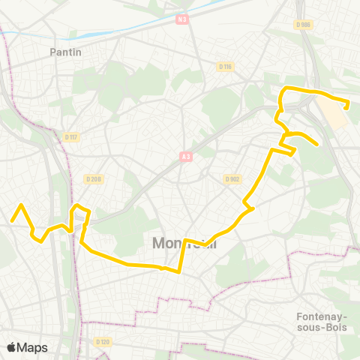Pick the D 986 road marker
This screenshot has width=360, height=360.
[304, 25]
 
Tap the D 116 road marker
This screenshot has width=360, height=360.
[226, 67]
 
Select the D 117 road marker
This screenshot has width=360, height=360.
[72, 136]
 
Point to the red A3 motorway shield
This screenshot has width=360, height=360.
[184, 157]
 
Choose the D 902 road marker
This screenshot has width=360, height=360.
[231, 178]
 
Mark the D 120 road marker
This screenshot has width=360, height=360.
[103, 342]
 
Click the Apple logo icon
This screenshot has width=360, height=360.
[11, 347]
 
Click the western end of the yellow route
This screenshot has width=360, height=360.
[11, 220]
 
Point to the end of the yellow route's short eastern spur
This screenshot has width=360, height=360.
[319, 144]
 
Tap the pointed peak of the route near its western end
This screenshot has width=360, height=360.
[21, 205]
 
